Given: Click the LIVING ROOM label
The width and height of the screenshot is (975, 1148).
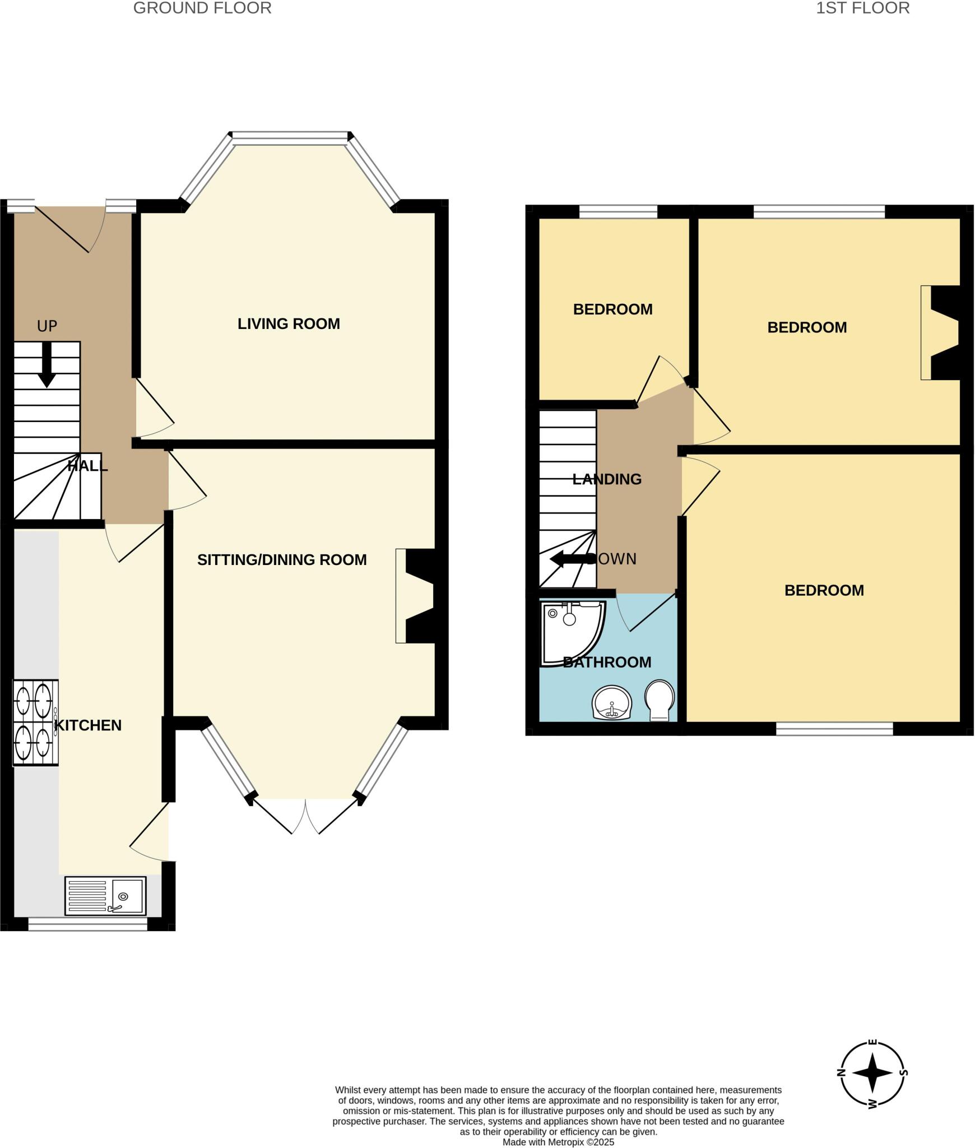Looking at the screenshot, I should [x=289, y=323].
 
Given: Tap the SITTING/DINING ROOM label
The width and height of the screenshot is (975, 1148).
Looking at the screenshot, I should [x=282, y=559].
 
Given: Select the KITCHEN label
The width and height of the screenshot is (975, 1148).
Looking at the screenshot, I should [x=88, y=725].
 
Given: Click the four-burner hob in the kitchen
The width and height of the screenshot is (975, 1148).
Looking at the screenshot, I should [x=35, y=722].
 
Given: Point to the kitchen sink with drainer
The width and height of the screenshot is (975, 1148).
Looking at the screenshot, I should [x=105, y=895].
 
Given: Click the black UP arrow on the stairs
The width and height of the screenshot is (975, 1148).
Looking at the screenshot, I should [x=47, y=364].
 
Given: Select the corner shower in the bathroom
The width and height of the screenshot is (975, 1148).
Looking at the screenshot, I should [x=570, y=631].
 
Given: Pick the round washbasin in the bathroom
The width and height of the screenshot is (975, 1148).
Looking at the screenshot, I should [x=612, y=702].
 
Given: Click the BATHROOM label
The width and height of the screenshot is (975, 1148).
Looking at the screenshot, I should [x=607, y=662].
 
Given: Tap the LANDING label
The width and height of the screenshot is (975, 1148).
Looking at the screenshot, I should [x=607, y=479].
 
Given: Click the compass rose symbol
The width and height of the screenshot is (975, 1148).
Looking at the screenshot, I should [x=872, y=1073].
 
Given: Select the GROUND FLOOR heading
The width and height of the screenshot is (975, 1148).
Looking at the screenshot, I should [x=202, y=8].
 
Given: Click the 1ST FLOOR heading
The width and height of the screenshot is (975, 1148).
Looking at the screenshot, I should [x=862, y=8].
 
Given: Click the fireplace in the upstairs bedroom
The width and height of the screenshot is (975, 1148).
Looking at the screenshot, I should [x=941, y=332].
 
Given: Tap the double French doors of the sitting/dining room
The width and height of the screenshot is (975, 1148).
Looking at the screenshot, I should [x=305, y=815].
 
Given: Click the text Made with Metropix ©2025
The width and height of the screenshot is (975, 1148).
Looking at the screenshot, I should [x=558, y=1142].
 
